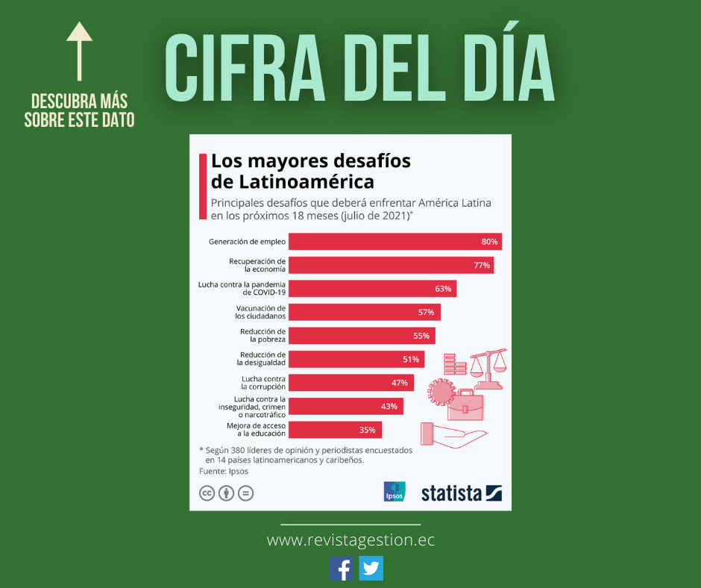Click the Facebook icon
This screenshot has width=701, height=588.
(342, 569)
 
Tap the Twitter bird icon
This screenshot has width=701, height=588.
(371, 569)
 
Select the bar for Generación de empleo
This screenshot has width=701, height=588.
(394, 242)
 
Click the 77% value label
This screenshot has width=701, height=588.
(481, 265)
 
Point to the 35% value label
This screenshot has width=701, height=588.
(367, 430)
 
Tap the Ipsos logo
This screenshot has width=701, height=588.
(394, 491)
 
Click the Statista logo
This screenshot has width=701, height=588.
(462, 492)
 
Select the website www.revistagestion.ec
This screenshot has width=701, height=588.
(350, 540)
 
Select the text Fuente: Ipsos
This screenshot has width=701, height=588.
(224, 471)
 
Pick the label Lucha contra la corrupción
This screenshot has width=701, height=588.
(263, 383)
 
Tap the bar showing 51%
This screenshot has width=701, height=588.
(356, 359)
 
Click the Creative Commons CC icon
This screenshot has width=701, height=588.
(207, 493)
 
